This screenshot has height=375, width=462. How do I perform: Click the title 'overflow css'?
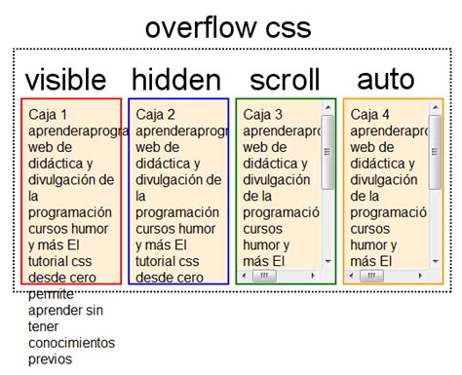click(228, 27)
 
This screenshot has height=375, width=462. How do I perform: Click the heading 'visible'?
click(65, 80)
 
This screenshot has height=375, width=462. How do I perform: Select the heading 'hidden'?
click(177, 80)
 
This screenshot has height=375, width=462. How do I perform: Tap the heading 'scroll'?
click(284, 80)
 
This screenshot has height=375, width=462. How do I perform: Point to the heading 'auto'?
click(385, 78)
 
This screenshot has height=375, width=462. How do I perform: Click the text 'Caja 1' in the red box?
click(49, 113)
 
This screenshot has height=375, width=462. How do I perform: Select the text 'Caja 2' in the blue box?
click(156, 113)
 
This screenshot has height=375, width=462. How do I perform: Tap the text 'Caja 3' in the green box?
click(263, 113)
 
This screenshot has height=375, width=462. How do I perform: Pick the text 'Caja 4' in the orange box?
click(370, 113)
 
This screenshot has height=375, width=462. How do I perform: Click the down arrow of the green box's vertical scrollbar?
click(327, 261)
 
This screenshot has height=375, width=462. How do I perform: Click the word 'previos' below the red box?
click(51, 359)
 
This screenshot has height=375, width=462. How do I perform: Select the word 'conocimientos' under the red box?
click(71, 343)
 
